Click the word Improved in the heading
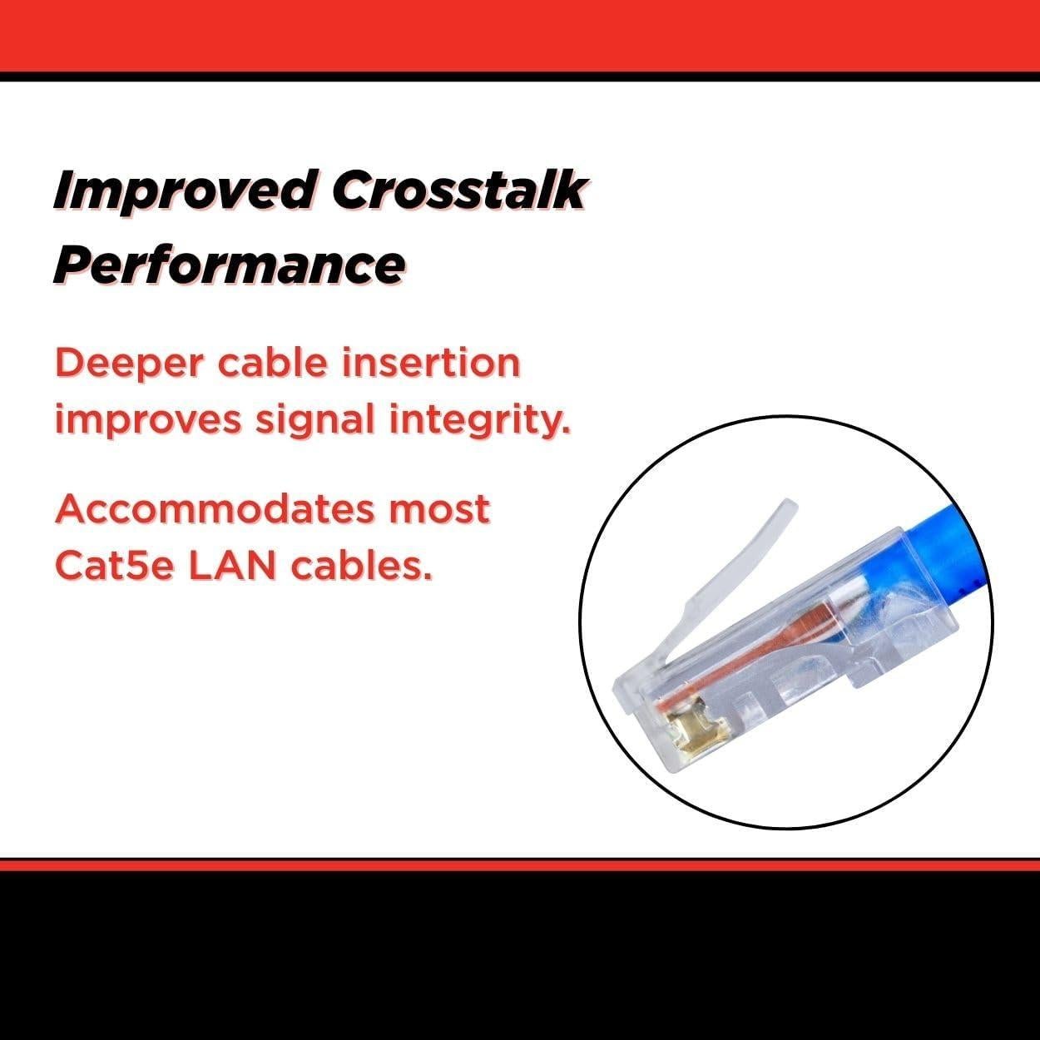coord(184,191)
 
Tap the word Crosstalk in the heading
coord(458,190)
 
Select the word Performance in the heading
coord(229,265)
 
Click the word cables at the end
coord(362,566)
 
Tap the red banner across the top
coord(520,36)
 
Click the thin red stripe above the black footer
coord(520,865)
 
